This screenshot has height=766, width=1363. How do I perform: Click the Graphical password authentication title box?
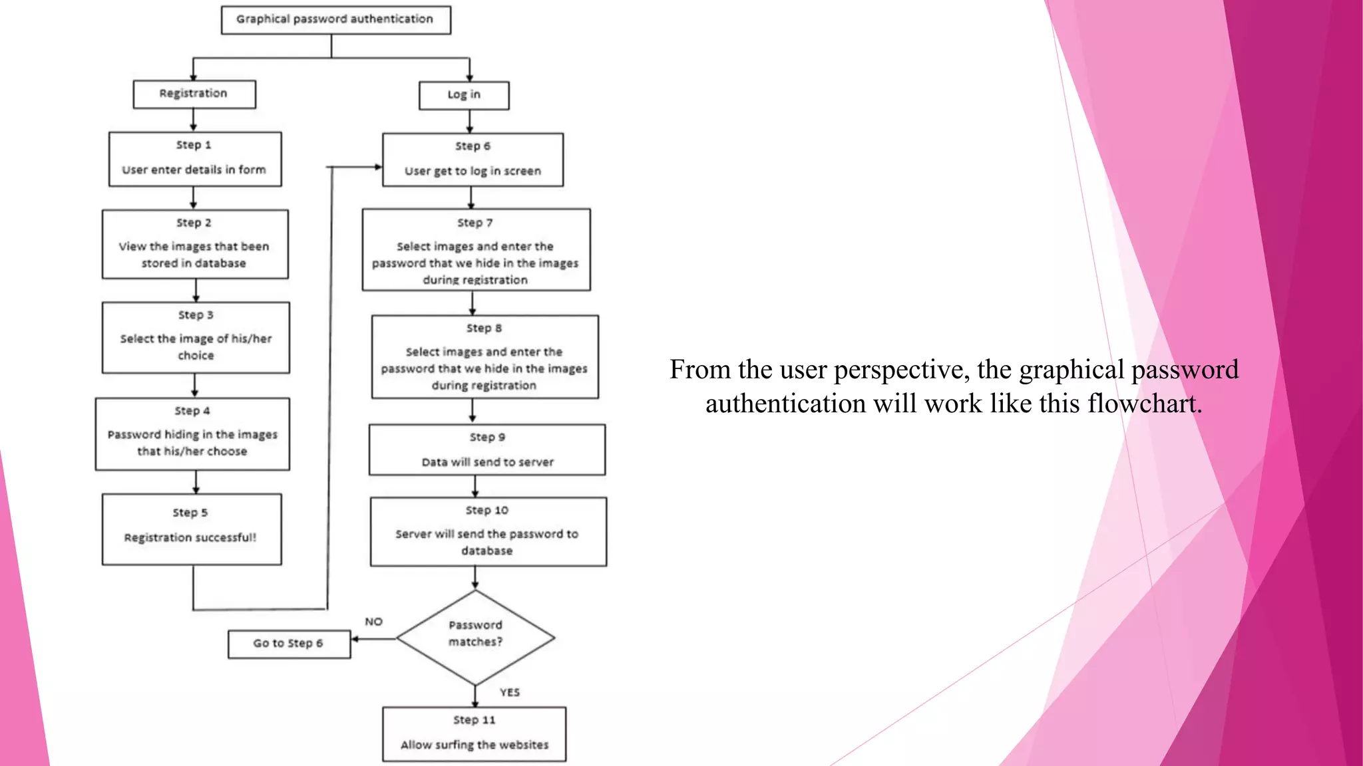point(335,20)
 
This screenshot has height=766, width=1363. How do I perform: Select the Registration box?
point(194,94)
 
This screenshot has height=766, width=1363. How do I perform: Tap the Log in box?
point(464,95)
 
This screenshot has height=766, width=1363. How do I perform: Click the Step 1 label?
point(194,145)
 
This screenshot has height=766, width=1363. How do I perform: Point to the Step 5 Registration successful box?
point(192,529)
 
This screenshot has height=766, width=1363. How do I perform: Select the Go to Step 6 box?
point(289,644)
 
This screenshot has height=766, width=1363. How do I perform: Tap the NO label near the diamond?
point(373,622)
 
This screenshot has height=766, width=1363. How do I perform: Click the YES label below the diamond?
point(510,692)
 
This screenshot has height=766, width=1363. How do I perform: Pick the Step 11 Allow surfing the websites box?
point(474,734)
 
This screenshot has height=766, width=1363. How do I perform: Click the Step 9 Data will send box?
point(487,449)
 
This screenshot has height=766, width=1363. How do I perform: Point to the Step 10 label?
point(487,511)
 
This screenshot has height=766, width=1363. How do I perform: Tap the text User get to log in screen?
point(473,172)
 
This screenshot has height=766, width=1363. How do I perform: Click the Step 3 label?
point(196,315)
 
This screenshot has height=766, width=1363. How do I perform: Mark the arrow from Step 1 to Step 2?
point(194,197)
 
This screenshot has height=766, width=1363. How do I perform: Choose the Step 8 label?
point(484,328)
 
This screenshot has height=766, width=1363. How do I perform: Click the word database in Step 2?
point(220,263)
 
